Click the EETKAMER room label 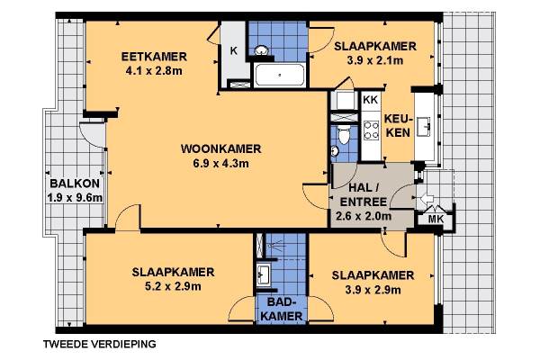(x=154, y=57)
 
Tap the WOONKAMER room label (x=221, y=148)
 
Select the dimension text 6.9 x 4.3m (x=221, y=163)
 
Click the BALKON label (x=75, y=184)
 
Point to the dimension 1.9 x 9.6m (x=75, y=198)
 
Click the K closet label (x=234, y=50)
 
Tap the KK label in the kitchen (x=371, y=100)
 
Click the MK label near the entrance (x=436, y=219)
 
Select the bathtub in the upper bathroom (x=279, y=75)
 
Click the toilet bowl (x=344, y=134)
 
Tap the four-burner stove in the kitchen (x=371, y=130)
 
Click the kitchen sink (x=424, y=126)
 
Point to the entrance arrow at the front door (x=427, y=198)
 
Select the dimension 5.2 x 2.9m (x=173, y=286)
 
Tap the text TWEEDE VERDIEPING (x=100, y=344)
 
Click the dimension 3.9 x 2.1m (x=375, y=60)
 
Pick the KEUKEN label (x=398, y=126)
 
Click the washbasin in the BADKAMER (x=264, y=274)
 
